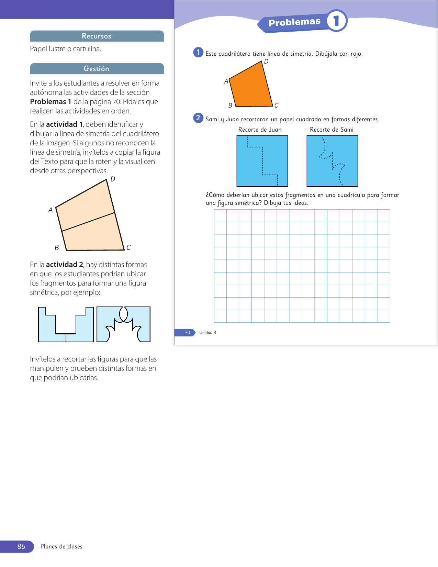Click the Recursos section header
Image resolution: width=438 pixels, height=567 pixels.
pyautogui.click(x=97, y=36)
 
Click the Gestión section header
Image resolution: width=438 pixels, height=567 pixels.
pyautogui.click(x=97, y=69)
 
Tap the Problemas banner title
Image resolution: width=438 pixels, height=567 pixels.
pyautogui.click(x=294, y=22)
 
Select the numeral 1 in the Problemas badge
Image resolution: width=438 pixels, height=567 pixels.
pyautogui.click(x=336, y=21)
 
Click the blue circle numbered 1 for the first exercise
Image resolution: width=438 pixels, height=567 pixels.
pyautogui.click(x=198, y=53)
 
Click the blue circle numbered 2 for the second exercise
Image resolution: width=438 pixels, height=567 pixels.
pyautogui.click(x=198, y=118)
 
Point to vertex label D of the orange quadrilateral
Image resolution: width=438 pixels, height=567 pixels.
pyautogui.click(x=266, y=62)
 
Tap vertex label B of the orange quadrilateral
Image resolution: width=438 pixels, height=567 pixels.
pyautogui.click(x=230, y=105)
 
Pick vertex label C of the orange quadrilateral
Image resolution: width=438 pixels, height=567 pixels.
pyautogui.click(x=276, y=105)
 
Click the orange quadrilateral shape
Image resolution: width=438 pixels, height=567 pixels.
pyautogui.click(x=250, y=86)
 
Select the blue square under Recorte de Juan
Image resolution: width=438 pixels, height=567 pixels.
pyautogui.click(x=262, y=161)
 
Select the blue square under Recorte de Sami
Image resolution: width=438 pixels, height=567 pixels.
pyautogui.click(x=332, y=161)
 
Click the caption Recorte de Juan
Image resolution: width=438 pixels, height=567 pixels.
pyautogui.click(x=260, y=130)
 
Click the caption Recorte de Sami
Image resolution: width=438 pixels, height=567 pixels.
pyautogui.click(x=332, y=130)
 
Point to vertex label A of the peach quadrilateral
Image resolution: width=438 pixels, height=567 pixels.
pyautogui.click(x=50, y=210)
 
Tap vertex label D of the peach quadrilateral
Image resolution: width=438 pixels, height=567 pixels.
pyautogui.click(x=113, y=179)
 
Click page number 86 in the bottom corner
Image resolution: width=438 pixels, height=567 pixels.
pyautogui.click(x=21, y=546)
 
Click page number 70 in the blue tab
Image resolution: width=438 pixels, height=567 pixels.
pyautogui.click(x=188, y=333)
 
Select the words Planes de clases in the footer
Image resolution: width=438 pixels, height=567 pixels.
pyautogui.click(x=61, y=546)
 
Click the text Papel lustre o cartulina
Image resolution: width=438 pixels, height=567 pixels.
pyautogui.click(x=66, y=49)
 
